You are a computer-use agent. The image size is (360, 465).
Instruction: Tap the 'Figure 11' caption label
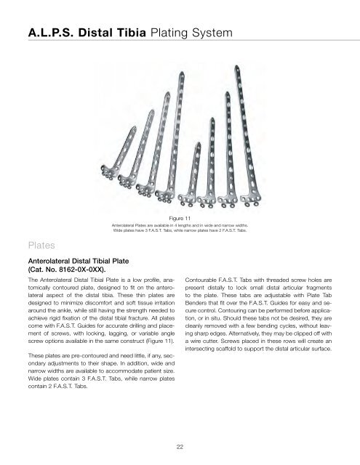point(180,217)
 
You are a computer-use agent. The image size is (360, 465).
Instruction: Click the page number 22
point(179,446)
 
